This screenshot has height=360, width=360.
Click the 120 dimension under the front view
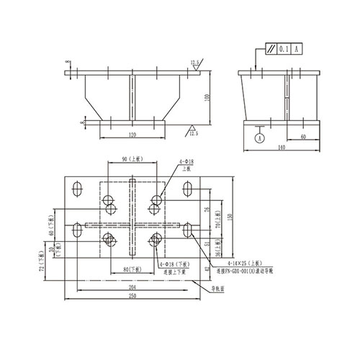pos(132,135)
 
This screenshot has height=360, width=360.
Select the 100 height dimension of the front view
pos(207,97)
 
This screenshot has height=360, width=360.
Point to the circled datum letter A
pos(260,137)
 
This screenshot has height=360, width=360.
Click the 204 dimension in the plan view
pos(132,287)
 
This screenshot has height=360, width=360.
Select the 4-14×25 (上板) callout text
pos(245,265)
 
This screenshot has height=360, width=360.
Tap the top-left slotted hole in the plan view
pos(76,191)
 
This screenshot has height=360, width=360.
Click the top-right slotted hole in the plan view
pos(187,191)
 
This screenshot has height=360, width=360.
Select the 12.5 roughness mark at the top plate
pos(195,63)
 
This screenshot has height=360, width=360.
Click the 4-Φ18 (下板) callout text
pos(172,265)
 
